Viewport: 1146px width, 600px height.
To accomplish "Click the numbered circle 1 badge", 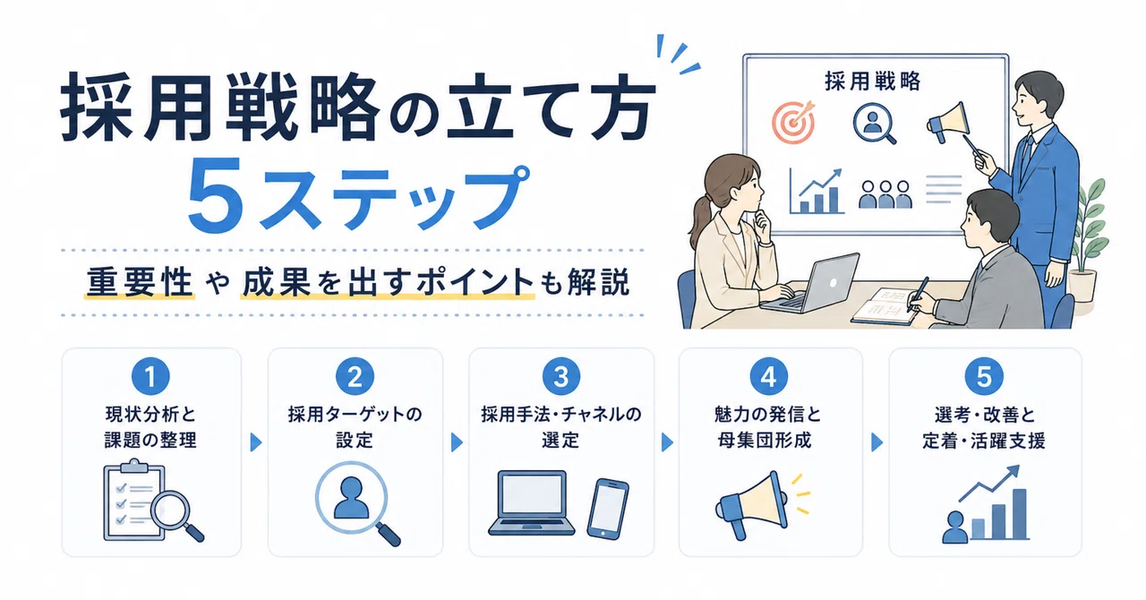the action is (150, 376).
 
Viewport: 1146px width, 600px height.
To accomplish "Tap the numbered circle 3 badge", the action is (561, 376).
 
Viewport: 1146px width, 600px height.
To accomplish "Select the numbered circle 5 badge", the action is (984, 376).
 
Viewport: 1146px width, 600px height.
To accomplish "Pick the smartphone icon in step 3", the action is (608, 509).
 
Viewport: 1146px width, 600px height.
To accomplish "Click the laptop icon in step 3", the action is (532, 503).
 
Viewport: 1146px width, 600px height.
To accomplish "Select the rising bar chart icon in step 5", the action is (986, 503).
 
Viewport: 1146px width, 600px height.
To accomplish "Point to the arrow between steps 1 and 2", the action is (256, 442).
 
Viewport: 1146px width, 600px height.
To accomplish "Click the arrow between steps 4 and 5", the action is (877, 442).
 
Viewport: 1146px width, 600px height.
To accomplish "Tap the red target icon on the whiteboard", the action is (793, 122).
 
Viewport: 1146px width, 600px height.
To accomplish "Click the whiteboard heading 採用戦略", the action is (873, 81).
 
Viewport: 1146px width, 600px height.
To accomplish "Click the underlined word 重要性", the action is (140, 283).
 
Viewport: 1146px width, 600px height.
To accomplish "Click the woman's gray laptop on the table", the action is (810, 283).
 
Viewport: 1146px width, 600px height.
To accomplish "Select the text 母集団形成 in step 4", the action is (765, 441).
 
